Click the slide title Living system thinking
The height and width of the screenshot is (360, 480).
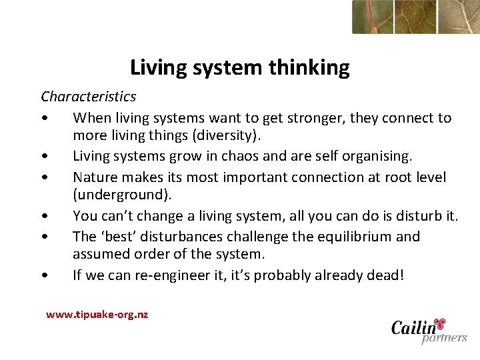(x=239, y=67)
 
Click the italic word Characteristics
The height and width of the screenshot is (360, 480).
(x=88, y=97)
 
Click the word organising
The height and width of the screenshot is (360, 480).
(x=377, y=157)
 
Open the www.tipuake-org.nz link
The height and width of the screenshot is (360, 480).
(x=97, y=315)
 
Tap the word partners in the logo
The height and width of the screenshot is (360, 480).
(x=443, y=338)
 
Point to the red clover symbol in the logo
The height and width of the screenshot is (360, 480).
(x=439, y=324)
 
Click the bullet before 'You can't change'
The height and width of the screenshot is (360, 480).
(x=43, y=217)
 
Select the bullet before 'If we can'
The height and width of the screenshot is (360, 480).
(x=43, y=276)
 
